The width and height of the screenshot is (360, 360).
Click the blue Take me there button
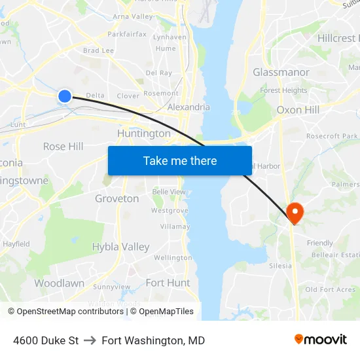pyautogui.click(x=180, y=160)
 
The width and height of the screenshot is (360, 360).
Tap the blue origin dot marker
pyautogui.click(x=64, y=96)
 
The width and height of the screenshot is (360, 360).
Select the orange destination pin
pyautogui.click(x=295, y=212)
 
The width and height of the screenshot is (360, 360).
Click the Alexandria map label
pyautogui.click(x=189, y=107)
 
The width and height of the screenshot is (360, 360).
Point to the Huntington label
pyautogui.click(x=143, y=134)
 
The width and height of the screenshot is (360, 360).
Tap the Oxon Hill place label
pyautogui.click(x=298, y=109)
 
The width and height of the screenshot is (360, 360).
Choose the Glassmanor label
pyautogui.click(x=281, y=72)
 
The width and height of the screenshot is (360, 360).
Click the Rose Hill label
pyautogui.click(x=63, y=147)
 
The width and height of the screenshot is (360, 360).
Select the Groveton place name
pyautogui.click(x=117, y=198)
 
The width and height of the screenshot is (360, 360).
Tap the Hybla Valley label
pyautogui.click(x=120, y=247)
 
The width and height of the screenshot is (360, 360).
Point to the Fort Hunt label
pyautogui.click(x=168, y=283)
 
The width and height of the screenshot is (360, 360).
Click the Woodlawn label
pyautogui.click(x=59, y=283)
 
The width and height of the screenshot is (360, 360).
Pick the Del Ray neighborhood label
pyautogui.click(x=158, y=73)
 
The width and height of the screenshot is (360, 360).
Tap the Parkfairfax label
pyautogui.click(x=127, y=34)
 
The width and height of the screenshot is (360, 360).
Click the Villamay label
pyautogui.click(x=175, y=226)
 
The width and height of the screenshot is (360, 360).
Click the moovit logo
pyautogui.click(x=320, y=340)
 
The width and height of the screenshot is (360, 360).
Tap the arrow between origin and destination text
pyautogui.click(x=90, y=340)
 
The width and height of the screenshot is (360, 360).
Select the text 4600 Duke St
pyautogui.click(x=46, y=340)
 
